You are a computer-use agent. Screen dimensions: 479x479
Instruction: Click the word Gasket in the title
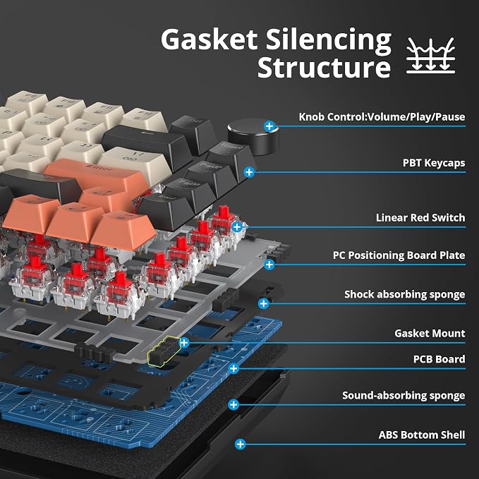(210, 39)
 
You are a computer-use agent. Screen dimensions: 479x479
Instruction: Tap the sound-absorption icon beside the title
(431, 56)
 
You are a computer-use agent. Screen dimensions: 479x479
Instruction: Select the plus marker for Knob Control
(269, 126)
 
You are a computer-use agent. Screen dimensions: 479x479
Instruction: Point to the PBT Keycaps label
(434, 163)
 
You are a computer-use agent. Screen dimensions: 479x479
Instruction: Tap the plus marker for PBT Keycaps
(249, 172)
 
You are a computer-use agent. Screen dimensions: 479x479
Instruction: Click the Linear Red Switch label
(420, 217)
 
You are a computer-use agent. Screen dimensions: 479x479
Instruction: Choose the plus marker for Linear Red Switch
(237, 227)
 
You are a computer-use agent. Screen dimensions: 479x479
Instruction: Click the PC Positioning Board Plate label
(399, 255)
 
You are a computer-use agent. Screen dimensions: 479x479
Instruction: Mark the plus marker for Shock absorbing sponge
(263, 303)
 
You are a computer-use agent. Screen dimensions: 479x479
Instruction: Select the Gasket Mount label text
(430, 333)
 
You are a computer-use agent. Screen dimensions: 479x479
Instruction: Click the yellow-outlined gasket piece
(164, 350)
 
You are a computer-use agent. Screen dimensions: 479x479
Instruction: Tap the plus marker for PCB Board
(234, 368)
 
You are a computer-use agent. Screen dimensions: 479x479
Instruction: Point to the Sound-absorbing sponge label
(404, 395)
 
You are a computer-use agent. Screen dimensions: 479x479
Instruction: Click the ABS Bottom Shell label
(422, 435)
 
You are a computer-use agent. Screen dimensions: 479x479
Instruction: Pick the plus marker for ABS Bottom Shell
(241, 444)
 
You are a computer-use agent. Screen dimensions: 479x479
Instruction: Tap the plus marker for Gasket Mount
(184, 342)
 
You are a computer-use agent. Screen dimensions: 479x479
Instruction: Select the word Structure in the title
(324, 67)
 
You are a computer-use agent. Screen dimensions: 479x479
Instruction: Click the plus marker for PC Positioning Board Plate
(269, 265)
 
